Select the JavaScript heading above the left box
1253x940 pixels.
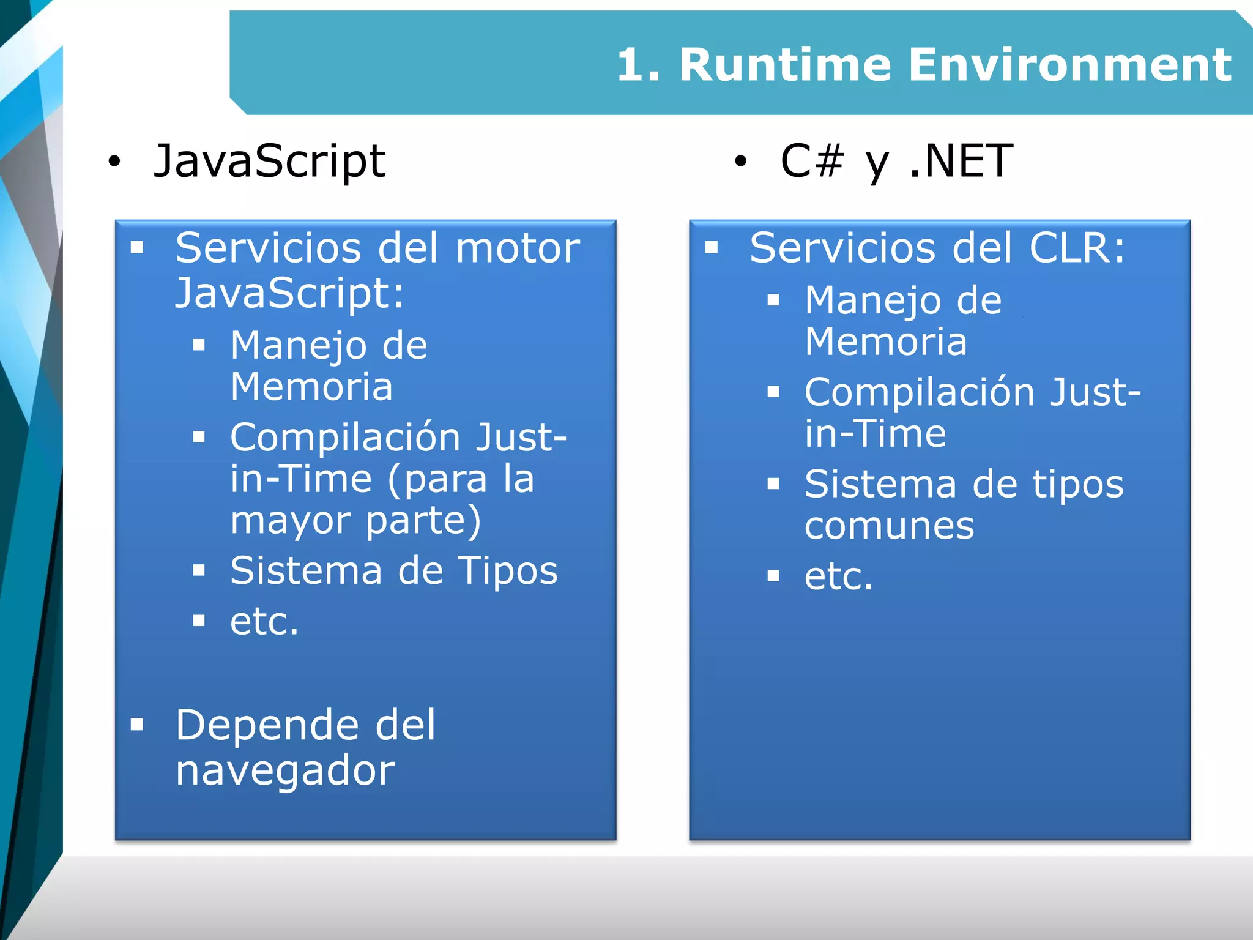(269, 161)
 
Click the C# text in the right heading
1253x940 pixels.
(812, 161)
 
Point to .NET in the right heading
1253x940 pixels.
(961, 161)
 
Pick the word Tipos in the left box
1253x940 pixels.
(508, 570)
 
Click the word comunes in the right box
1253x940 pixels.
(889, 526)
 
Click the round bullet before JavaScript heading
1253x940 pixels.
(114, 162)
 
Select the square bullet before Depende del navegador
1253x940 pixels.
(137, 725)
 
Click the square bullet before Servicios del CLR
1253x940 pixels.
(711, 248)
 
